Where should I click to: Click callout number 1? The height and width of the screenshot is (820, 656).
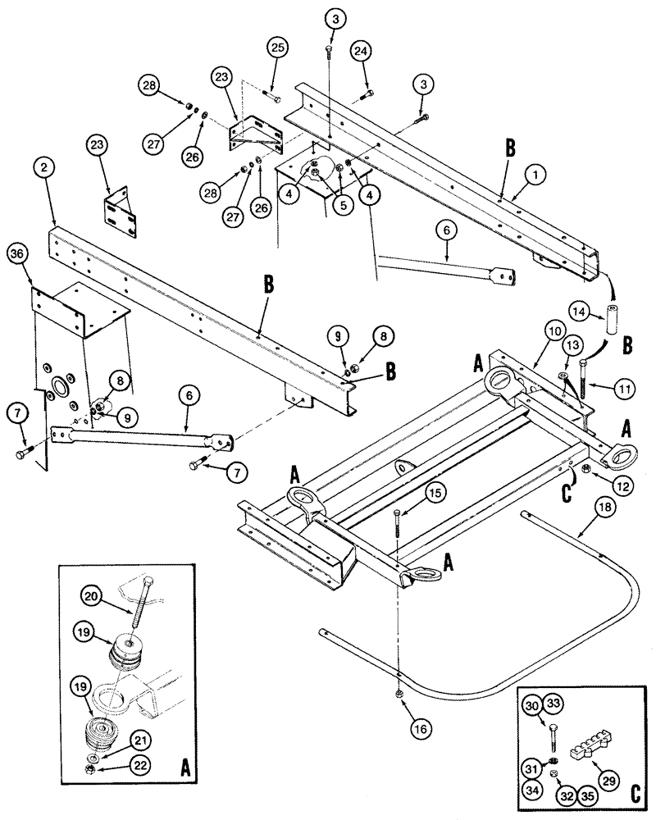513,174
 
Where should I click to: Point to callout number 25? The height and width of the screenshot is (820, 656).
277,50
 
